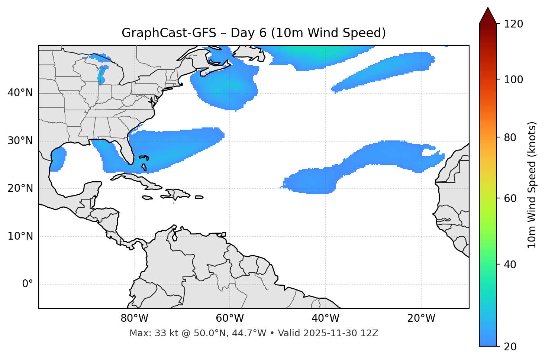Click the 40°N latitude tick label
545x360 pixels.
tap(20, 93)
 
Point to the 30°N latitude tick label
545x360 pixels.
tap(20, 141)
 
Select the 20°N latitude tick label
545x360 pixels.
tap(20, 188)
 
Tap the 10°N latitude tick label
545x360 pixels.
tap(20, 236)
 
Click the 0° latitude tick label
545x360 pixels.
tap(28, 284)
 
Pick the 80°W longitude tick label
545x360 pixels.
tap(134, 318)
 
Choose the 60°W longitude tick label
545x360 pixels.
tap(230, 318)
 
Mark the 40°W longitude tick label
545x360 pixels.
tap(325, 318)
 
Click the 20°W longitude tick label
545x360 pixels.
tap(421, 318)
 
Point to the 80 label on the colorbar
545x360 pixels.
tap(510, 137)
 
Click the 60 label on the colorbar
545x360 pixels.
tap(510, 198)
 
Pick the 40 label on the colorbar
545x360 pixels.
tap(510, 265)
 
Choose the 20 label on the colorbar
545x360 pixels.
tap(510, 347)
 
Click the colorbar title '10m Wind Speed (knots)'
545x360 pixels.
tap(532, 185)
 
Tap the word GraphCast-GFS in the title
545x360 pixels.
tap(169, 33)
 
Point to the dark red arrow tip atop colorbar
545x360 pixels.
tap(488, 14)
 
